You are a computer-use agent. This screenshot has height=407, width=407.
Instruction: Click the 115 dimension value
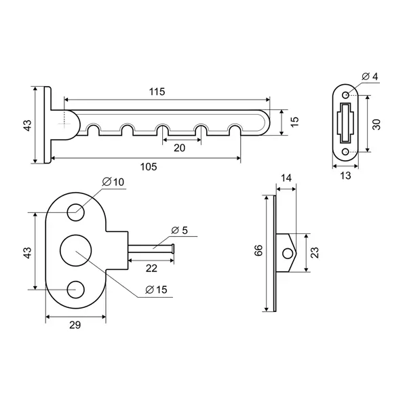pos(157,92)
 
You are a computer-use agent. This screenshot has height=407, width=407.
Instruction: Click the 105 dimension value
pos(149,167)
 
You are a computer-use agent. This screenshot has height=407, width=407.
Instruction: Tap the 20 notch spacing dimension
pos(179,148)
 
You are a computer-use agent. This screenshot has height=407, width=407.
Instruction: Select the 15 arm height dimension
pos(294,121)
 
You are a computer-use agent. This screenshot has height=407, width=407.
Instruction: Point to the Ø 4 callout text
pos(370,77)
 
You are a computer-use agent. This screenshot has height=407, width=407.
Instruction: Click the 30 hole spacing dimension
pos(376,124)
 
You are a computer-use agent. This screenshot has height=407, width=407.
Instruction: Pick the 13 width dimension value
pos(345,176)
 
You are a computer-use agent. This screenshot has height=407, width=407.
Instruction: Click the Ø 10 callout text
pos(113,182)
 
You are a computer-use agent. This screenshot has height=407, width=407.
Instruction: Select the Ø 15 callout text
pos(156,290)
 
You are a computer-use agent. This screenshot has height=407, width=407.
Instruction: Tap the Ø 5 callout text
pos(179,230)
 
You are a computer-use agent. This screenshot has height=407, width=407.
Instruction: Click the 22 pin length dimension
pos(151,268)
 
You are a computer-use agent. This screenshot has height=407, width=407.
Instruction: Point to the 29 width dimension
pos(75,325)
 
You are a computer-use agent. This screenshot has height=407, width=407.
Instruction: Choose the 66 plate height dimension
pos(258,250)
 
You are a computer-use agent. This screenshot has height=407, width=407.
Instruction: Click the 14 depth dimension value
pos(286,178)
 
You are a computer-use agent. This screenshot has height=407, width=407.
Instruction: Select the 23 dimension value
pos(314,252)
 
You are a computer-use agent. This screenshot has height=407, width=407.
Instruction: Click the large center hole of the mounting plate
pos(75,251)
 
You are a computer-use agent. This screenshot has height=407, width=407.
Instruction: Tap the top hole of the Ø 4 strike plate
pos(346,95)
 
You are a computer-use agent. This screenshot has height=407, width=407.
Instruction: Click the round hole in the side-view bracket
pos(288,253)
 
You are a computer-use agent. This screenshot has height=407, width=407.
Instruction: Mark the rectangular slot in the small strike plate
pos(345,123)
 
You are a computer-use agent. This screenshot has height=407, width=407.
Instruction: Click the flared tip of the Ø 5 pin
pos(173,248)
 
